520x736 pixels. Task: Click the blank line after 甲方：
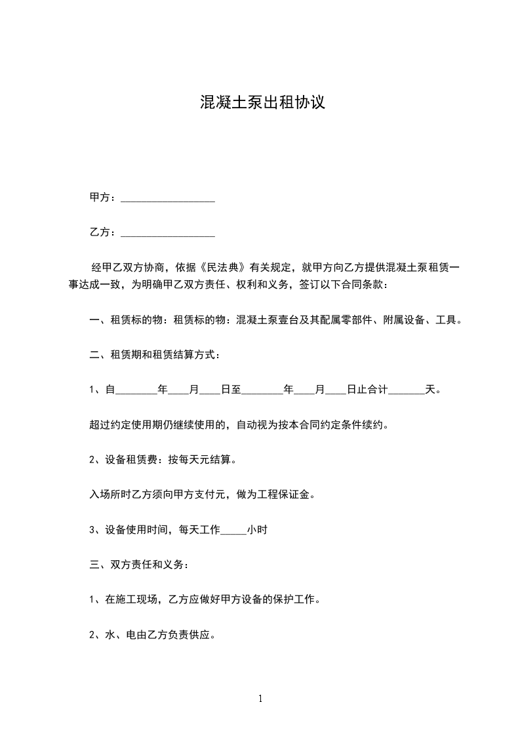168,199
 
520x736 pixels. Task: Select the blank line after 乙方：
168,234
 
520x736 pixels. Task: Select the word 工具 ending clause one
445,321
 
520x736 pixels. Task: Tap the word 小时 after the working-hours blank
257,530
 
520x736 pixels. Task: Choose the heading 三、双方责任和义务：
139,564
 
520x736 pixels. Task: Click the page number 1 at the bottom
260,699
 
